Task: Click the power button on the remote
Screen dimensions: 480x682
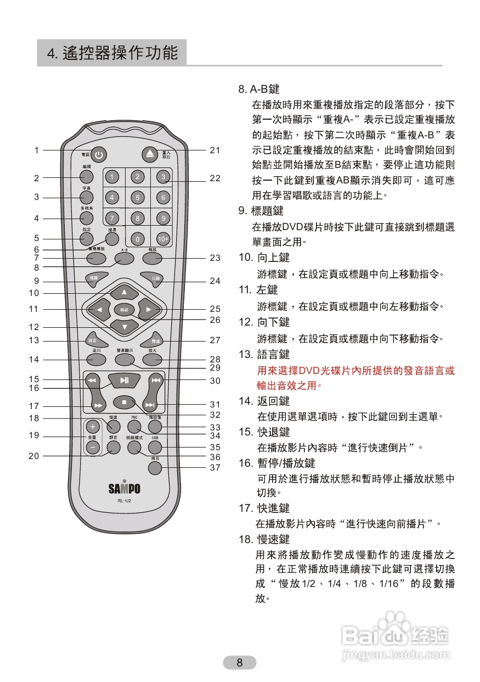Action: [x=98, y=155]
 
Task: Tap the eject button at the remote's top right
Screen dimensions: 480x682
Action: [x=150, y=154]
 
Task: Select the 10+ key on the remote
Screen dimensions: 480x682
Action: [x=163, y=239]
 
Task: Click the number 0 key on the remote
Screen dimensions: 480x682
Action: [x=138, y=239]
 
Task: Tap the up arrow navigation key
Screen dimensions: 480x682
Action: [x=124, y=292]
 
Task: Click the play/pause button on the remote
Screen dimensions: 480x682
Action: [x=125, y=380]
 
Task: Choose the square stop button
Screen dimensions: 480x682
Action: [x=125, y=403]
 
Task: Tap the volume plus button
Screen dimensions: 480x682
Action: [x=93, y=427]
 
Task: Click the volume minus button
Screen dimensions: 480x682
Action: [x=93, y=448]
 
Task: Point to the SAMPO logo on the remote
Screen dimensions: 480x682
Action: [x=124, y=488]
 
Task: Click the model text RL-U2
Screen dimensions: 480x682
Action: [x=124, y=501]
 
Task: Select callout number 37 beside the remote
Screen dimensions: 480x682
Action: [x=215, y=468]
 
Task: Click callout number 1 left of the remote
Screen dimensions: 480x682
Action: [x=37, y=150]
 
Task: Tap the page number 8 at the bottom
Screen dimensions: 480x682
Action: [x=239, y=663]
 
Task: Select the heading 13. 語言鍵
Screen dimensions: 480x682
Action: [x=264, y=355]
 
